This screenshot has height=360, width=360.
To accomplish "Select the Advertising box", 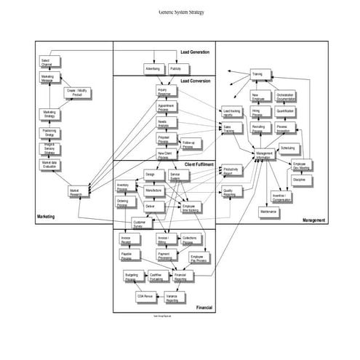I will [152, 68].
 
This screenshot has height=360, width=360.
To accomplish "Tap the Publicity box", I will [176, 68].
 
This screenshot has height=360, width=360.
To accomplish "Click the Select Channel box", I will [47, 62].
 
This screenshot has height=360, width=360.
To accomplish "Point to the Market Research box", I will [76, 193].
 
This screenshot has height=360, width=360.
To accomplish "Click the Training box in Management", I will [257, 74].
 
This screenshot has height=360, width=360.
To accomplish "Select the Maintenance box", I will [268, 212].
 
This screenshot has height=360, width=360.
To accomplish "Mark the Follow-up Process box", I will [188, 144].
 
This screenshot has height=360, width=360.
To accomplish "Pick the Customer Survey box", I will [138, 224].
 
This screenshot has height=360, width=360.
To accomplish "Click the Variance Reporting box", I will [172, 297].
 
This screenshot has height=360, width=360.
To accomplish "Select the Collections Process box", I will [190, 239].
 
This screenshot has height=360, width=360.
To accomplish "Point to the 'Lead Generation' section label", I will [195, 52].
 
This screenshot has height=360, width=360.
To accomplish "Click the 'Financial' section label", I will [204, 308].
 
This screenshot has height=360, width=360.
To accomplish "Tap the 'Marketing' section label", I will [47, 217].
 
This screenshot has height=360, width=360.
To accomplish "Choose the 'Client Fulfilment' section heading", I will [199, 165].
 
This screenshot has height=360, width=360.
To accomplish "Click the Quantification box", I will [285, 111].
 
